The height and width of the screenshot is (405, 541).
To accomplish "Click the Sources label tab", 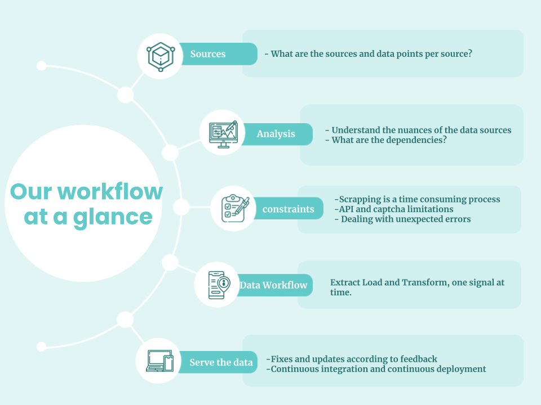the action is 218,54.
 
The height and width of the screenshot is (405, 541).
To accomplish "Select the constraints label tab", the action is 288,208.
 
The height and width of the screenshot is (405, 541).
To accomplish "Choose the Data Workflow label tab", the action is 274,285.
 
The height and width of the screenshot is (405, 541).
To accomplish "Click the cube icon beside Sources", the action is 161,56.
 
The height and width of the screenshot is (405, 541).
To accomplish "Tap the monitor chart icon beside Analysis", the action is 223,134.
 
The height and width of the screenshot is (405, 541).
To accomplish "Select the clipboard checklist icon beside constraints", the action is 234,208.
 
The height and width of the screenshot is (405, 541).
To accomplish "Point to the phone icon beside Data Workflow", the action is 219,285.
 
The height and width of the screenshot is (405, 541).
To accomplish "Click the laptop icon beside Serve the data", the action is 159,361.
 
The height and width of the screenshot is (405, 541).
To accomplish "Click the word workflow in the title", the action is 110,191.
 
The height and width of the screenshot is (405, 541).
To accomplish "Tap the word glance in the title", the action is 113,218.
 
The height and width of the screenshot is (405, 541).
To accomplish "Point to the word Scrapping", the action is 360,200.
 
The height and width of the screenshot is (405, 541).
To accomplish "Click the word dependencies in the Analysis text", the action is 409,140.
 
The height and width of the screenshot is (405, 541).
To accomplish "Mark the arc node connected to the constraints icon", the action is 181,208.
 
